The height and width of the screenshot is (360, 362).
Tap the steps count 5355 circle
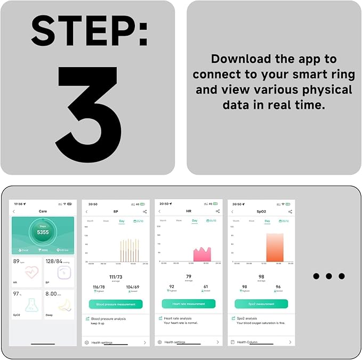coord(43,232)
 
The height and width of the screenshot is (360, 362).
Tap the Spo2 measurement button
coord(261,304)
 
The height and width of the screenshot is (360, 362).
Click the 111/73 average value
coord(116,277)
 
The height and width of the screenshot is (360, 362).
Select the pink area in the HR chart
coord(202,255)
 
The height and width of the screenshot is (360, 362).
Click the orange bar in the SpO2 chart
coord(275,248)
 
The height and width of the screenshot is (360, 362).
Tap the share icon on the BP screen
coord(144,212)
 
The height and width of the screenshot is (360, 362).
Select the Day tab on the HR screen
coord(194,220)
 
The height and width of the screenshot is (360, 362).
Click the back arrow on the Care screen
coord(14,211)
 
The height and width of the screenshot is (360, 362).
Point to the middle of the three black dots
coord(328,276)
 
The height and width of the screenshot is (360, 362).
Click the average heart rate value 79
coord(189,276)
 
